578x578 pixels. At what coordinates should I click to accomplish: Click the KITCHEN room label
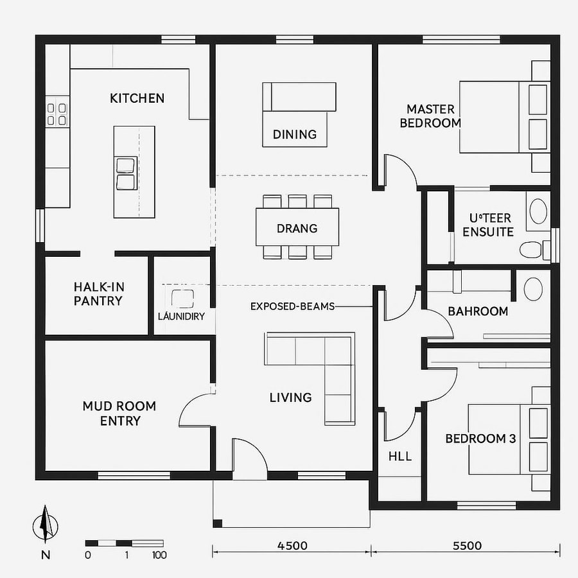coord(137,98)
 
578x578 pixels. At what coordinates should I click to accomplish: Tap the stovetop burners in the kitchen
coord(57,114)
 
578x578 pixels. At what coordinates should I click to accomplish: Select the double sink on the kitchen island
coord(126,173)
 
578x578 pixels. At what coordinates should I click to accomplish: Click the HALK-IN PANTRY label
coord(98,293)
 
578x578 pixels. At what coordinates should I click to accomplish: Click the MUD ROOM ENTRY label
coord(119,414)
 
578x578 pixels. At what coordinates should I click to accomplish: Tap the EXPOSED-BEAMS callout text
coord(292,306)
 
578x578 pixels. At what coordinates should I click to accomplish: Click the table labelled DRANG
coord(297,228)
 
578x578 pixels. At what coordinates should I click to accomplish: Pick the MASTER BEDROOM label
coord(430,116)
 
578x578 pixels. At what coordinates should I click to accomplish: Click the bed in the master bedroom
coord(504,117)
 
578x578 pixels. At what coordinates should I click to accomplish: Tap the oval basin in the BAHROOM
coord(533,289)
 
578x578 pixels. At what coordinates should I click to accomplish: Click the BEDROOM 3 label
coord(480,439)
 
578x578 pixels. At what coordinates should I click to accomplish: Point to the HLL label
coord(400,457)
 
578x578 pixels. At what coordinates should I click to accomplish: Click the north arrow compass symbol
coord(45,524)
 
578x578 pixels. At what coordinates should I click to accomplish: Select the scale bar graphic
coord(125,543)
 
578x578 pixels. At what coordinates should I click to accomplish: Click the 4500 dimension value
coord(292,546)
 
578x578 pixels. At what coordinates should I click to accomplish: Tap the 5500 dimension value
coord(467,546)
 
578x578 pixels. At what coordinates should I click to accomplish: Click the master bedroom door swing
coord(399,170)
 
